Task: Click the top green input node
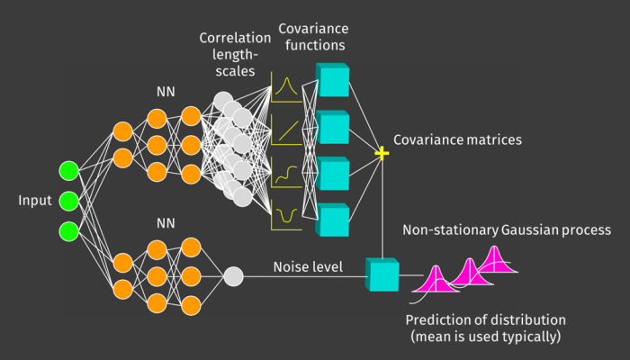[68, 170]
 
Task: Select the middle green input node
[68, 200]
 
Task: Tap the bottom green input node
[68, 229]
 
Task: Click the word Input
[35, 200]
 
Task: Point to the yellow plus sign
[382, 154]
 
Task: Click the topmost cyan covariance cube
[333, 80]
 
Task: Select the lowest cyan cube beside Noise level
[382, 274]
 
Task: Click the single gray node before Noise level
[232, 275]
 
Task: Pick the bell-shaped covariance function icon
[286, 86]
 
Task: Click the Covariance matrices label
[459, 141]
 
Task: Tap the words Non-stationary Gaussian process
[500, 230]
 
